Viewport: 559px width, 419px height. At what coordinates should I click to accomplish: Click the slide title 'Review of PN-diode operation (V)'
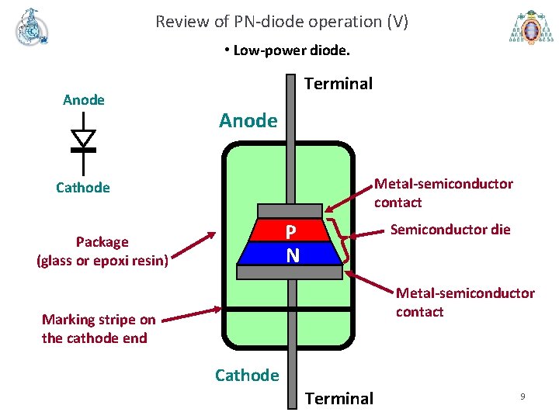(281, 22)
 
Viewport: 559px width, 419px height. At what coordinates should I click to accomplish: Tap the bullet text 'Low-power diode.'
(286, 51)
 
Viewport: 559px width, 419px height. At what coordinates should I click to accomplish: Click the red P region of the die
(290, 231)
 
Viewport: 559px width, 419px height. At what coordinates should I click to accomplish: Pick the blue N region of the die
(290, 254)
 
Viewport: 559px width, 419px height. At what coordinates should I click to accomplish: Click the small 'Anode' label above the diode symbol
(83, 100)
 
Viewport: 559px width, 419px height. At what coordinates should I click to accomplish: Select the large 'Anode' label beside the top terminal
(248, 120)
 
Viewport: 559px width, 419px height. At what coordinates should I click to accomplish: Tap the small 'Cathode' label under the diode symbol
(83, 188)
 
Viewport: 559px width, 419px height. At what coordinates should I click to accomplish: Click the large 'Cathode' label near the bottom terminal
(247, 376)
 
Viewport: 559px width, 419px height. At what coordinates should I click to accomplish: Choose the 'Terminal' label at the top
(339, 84)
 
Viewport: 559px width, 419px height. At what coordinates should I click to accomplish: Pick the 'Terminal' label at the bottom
(339, 399)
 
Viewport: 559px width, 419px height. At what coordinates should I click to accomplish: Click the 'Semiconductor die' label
(450, 230)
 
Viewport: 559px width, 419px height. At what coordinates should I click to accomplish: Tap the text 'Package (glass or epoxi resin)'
(102, 251)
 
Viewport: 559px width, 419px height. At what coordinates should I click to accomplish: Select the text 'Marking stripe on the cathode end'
(99, 329)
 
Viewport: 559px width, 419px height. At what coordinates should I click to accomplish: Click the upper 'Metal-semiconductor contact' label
(443, 193)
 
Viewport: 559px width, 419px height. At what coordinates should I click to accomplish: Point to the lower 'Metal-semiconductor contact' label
(464, 303)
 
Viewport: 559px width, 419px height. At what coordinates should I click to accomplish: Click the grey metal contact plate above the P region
(290, 210)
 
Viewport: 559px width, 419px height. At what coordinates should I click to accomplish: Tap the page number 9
(523, 396)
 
